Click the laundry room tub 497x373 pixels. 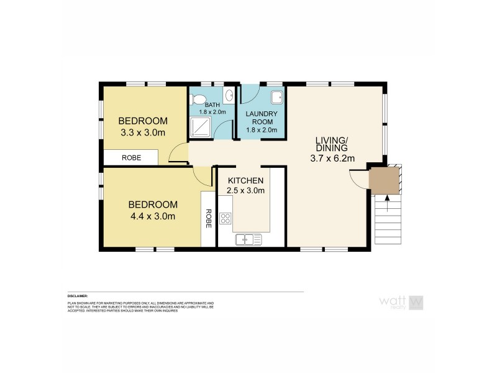277,96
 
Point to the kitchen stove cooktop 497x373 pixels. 226,218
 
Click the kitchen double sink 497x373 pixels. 248,238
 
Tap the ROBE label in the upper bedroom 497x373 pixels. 131,159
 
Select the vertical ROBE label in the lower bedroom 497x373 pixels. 209,218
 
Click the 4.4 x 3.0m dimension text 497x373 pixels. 153,216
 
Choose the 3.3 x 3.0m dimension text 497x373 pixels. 143,132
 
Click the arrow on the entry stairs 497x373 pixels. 387,199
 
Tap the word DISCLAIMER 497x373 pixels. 78,296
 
